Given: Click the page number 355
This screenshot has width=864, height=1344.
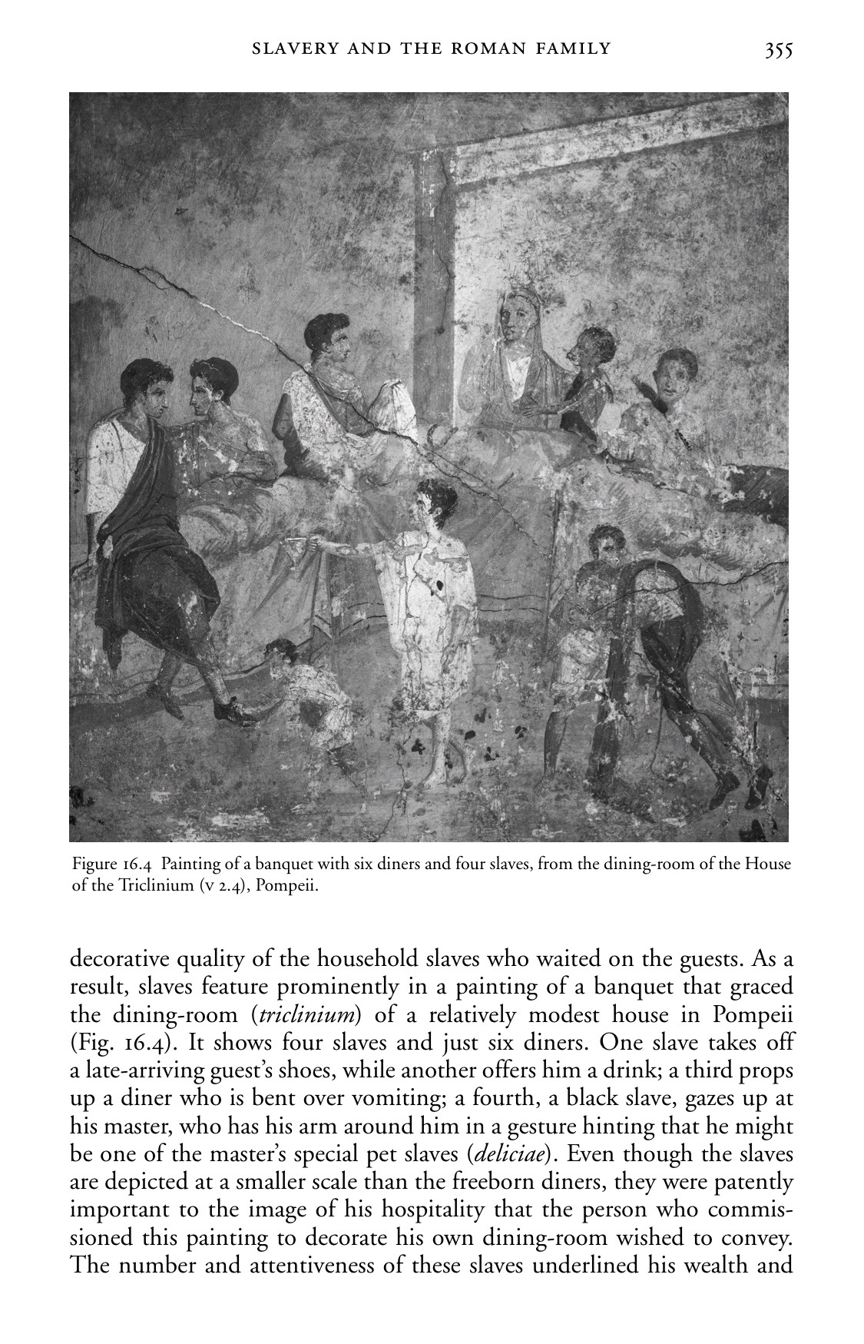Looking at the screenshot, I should (x=777, y=51).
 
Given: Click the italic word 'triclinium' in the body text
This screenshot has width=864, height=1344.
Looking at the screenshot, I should (x=308, y=1015).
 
